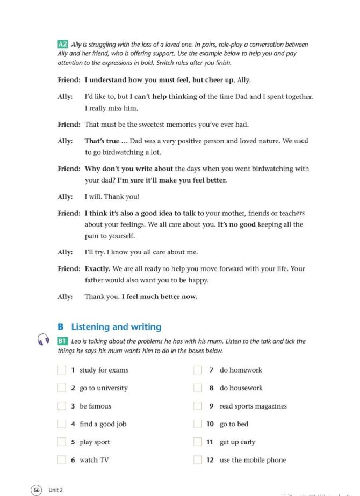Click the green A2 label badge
(63, 45)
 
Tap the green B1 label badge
(63, 341)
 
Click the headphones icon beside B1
(44, 340)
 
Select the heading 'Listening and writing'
(116, 326)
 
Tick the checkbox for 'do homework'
(198, 370)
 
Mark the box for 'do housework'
(198, 388)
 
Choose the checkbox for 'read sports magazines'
(198, 406)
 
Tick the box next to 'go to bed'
(198, 424)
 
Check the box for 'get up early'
(198, 442)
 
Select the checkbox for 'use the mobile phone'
(198, 460)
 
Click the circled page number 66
(37, 490)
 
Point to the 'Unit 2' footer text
(56, 490)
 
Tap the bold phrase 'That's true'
(102, 141)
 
